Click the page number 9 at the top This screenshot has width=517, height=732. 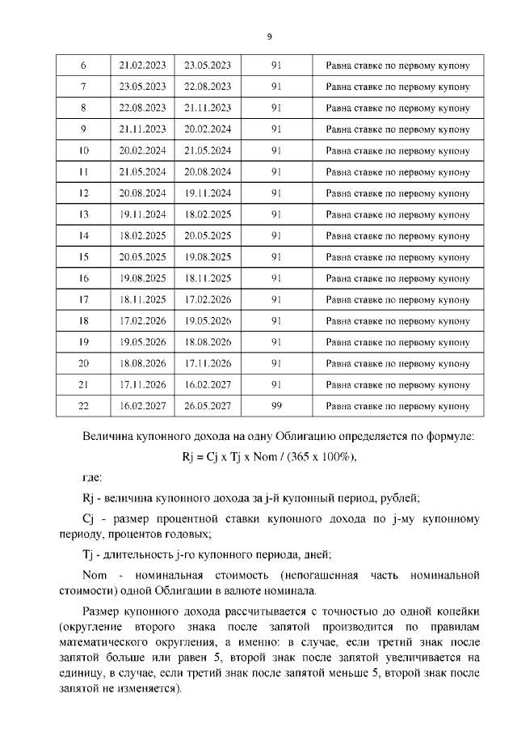[x=269, y=36]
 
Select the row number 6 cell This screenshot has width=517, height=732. [x=84, y=65]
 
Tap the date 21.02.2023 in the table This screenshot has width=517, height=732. [x=143, y=65]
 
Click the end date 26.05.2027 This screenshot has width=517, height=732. [x=208, y=406]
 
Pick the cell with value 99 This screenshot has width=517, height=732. [x=275, y=406]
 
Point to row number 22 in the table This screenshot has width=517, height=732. [x=84, y=406]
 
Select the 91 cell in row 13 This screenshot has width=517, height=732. [x=275, y=214]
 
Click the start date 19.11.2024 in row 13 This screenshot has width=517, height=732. [x=143, y=214]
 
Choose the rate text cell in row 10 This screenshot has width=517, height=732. [x=397, y=150]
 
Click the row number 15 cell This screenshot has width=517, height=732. [x=84, y=257]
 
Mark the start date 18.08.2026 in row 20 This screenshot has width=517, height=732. [x=143, y=363]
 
